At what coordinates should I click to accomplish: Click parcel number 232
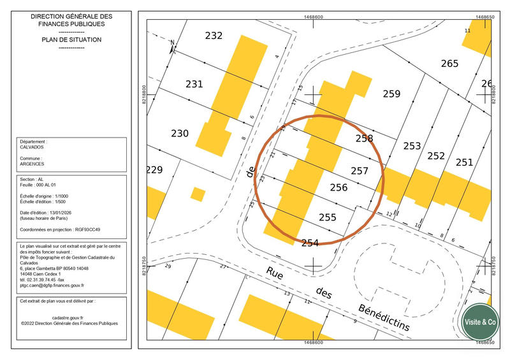point(214,36)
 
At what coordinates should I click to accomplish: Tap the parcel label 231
point(194,84)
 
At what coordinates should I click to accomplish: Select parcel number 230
point(180,133)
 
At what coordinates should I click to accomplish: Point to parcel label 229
point(155,170)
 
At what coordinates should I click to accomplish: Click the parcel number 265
point(449,63)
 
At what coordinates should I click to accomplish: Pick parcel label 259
point(391,94)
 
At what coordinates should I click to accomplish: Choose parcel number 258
point(364,138)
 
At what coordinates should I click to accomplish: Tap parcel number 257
point(360,171)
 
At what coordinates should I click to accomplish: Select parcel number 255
point(327,217)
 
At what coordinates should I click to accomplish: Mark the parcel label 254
point(310,242)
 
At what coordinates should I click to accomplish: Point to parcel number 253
point(412,146)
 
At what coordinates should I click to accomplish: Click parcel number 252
point(436,155)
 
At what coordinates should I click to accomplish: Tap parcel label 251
point(464,162)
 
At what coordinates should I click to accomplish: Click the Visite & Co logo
point(480,322)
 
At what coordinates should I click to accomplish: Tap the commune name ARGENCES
point(33,163)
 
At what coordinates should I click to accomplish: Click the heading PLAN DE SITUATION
point(71,40)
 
